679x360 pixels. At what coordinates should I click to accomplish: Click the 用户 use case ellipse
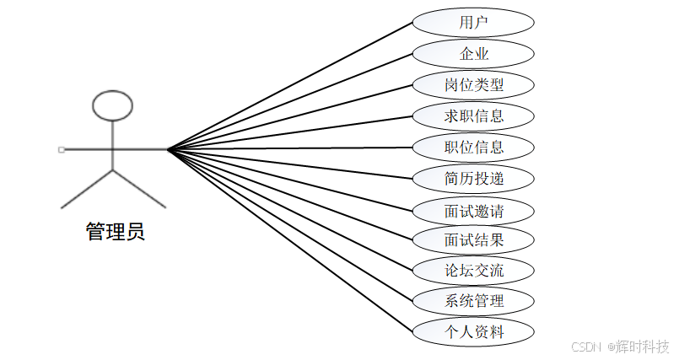point(473,23)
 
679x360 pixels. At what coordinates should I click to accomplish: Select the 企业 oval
point(473,54)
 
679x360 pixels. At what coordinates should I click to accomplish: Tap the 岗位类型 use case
point(473,85)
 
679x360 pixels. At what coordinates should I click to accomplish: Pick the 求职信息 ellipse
point(473,116)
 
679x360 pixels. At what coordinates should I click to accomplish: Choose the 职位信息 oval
point(473,147)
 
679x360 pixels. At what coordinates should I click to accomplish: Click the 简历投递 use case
point(473,178)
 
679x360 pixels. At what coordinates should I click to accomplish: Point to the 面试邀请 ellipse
point(473,209)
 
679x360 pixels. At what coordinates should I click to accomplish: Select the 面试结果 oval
point(473,239)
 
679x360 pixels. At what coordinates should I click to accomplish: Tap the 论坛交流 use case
point(473,271)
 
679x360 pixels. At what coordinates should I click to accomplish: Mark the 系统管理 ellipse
point(473,301)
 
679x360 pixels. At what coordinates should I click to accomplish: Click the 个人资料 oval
point(473,331)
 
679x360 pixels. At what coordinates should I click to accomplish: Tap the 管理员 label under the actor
point(116,232)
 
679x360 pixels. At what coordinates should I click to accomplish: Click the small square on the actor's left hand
point(62,149)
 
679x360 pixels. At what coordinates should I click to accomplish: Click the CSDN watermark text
point(585,347)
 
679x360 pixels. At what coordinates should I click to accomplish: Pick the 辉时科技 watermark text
point(642,347)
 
